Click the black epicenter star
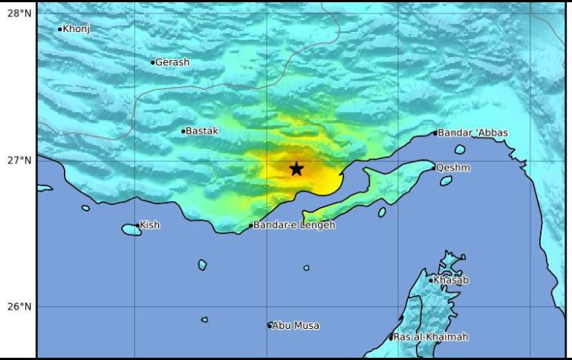point(296,168)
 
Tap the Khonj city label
point(76,30)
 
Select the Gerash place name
point(172,62)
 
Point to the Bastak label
point(201,131)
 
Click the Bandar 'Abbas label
point(472,133)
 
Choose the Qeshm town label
point(453,168)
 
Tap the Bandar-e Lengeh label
point(294,225)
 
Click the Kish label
point(149,225)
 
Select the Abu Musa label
point(296,325)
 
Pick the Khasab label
point(452,281)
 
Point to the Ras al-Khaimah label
point(431,337)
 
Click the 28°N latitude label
point(18,14)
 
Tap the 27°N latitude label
point(18,160)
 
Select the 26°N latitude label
point(18,307)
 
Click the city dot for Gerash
point(152,62)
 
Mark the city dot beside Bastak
point(183,131)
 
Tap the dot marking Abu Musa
point(270,325)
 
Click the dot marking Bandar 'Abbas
point(435,134)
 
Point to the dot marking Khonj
point(60,30)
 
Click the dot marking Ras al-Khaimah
point(391,338)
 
